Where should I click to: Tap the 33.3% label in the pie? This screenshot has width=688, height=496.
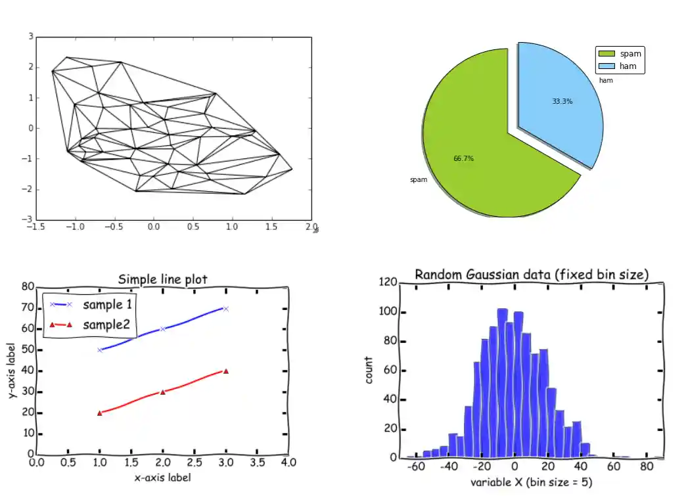[562, 102]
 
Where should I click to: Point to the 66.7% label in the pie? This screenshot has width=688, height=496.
[464, 158]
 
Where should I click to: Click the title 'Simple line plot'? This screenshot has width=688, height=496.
[162, 280]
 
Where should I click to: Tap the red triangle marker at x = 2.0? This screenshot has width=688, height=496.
[162, 392]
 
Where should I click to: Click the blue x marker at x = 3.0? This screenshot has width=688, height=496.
[225, 308]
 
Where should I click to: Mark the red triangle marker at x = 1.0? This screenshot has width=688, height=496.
[100, 413]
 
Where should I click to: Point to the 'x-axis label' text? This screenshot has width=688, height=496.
[162, 478]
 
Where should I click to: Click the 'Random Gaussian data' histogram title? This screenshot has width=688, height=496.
[532, 275]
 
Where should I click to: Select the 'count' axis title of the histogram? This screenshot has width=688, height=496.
[369, 370]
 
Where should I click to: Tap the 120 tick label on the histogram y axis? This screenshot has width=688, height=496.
[389, 282]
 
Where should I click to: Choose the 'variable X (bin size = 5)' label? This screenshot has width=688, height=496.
[532, 483]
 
